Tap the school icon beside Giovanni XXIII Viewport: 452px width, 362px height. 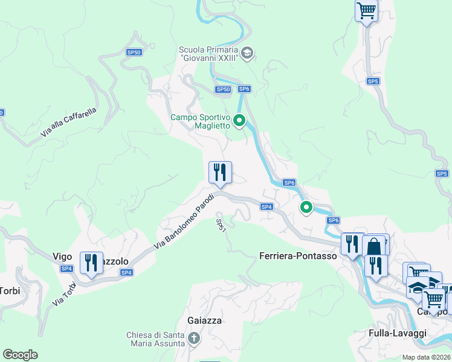(247, 54)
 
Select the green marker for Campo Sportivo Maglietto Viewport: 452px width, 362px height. (239, 121)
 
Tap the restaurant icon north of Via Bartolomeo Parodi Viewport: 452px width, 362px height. (220, 172)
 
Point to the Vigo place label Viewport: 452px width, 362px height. (62, 256)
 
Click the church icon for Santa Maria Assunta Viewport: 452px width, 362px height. (193, 338)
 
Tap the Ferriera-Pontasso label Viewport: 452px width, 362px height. (297, 256)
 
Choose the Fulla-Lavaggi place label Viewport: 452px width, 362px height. (398, 333)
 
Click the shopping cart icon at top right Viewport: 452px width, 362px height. (366, 10)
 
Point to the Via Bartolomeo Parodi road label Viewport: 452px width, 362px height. (184, 220)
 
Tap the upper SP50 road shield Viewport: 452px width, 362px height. (134, 52)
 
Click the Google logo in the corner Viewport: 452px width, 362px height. (20, 355)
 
